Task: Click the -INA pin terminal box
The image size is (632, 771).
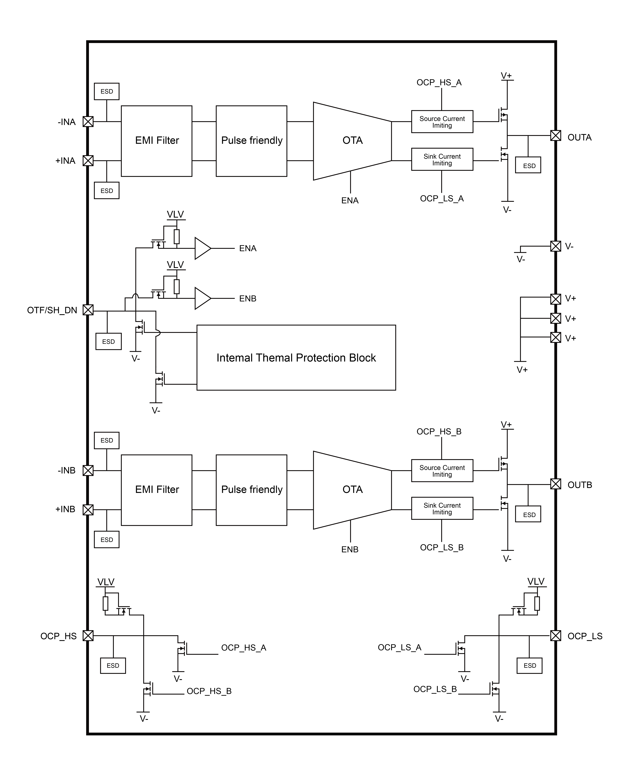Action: (x=88, y=122)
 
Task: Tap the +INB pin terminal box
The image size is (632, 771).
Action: (x=88, y=510)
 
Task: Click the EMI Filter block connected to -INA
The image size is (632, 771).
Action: (x=157, y=141)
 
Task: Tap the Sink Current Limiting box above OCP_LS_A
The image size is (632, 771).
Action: (x=442, y=160)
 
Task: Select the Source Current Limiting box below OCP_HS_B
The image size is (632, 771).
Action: (x=442, y=471)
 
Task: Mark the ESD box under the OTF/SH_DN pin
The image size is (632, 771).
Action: (x=108, y=341)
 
